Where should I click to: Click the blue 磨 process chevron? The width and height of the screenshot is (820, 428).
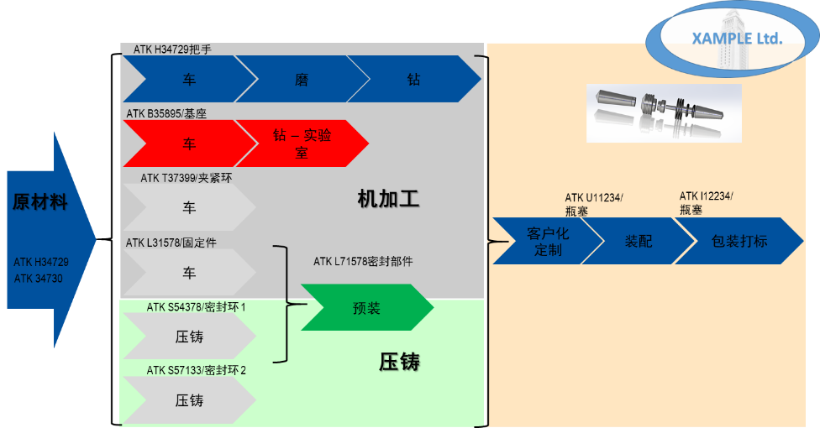pos(301,80)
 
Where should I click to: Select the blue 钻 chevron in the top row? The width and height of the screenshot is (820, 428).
pos(413,80)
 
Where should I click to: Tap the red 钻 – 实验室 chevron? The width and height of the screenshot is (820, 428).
pos(301,144)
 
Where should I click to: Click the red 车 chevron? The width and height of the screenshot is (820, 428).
pos(189,144)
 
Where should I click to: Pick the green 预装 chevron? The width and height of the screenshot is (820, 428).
pos(366,308)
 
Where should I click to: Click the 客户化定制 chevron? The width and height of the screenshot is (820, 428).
pos(546,241)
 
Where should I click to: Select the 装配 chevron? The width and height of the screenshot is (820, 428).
pos(638,241)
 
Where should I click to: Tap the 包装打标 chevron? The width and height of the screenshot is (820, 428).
pos(739,241)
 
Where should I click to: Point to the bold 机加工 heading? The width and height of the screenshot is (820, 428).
pos(387,200)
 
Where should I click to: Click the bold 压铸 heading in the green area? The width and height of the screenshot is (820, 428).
pos(398,363)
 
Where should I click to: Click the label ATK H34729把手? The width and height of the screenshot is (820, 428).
pos(172,50)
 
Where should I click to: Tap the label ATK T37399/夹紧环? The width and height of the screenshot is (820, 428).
pos(186,178)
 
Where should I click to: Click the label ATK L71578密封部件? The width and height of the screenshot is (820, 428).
pos(363,262)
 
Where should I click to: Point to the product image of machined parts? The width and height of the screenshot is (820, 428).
pos(663,112)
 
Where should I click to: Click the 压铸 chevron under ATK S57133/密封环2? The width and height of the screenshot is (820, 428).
pos(189,400)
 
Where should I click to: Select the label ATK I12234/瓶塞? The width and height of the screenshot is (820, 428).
pos(706,203)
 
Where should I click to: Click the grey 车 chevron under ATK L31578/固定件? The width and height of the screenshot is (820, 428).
pos(189,273)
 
